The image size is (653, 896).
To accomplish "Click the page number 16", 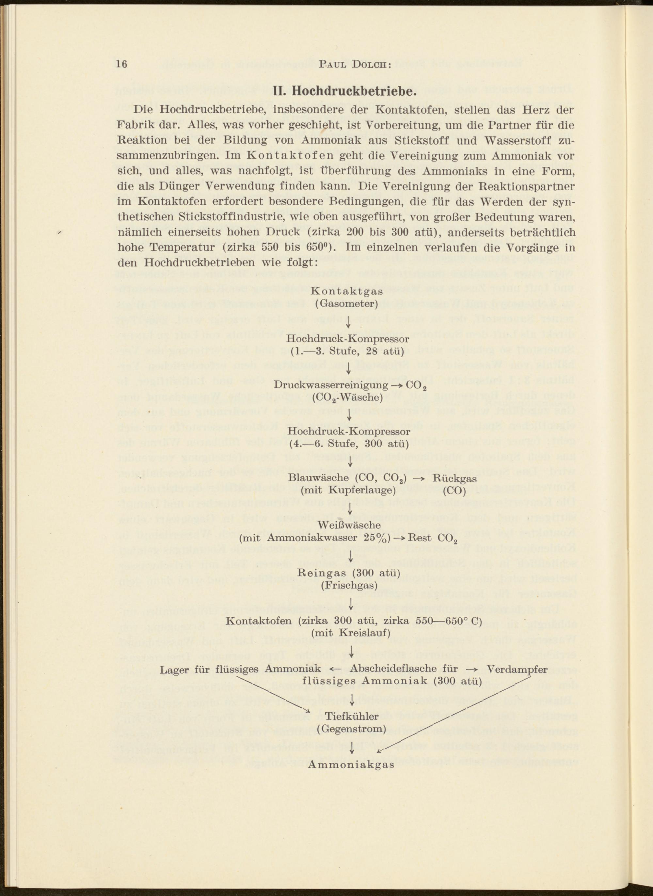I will click(x=122, y=64).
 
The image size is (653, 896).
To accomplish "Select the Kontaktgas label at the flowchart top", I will click(x=347, y=291).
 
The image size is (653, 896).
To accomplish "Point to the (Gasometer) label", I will click(x=347, y=304).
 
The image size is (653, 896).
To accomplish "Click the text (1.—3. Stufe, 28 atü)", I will click(x=347, y=351).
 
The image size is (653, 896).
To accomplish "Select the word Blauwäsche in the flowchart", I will click(x=318, y=478).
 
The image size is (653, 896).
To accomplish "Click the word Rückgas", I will click(x=454, y=478).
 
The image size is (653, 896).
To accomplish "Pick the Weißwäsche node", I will click(x=349, y=525).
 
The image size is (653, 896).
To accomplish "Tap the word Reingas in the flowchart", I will click(x=323, y=573).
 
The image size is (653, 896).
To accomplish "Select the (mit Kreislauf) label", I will click(x=351, y=633).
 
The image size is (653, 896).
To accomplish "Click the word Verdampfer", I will click(x=517, y=669).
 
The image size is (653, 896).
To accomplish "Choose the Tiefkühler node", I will click(x=352, y=716).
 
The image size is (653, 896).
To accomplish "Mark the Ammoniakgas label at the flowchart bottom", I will click(x=351, y=764).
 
